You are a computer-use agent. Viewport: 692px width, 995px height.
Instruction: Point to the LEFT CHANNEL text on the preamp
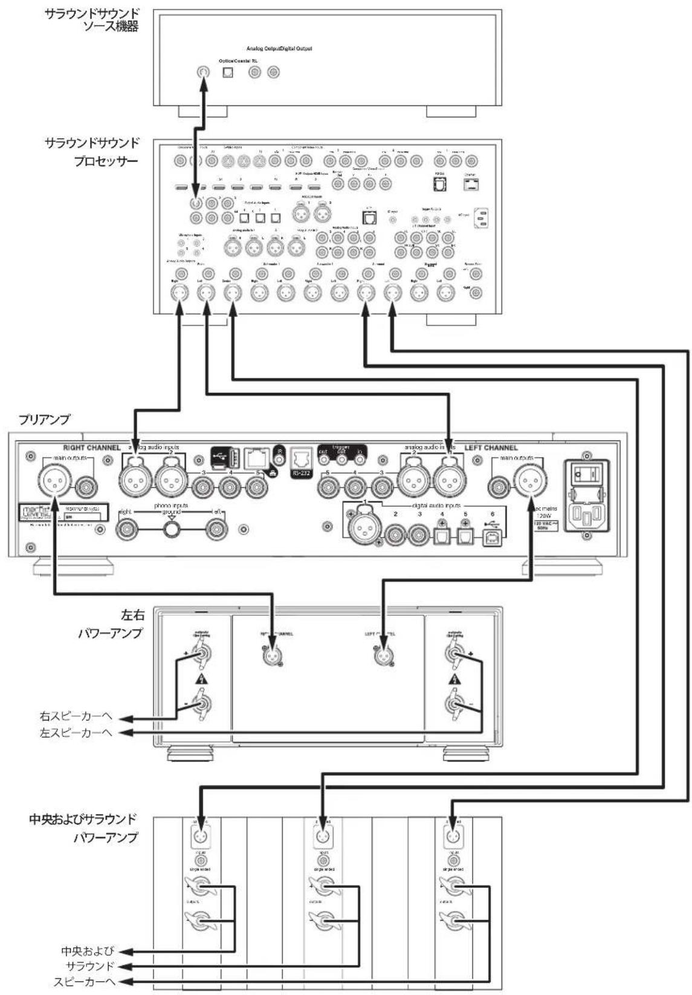click(x=491, y=448)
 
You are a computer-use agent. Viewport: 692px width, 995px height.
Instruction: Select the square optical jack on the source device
click(x=228, y=73)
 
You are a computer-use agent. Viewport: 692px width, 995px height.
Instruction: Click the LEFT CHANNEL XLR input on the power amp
click(x=383, y=654)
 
